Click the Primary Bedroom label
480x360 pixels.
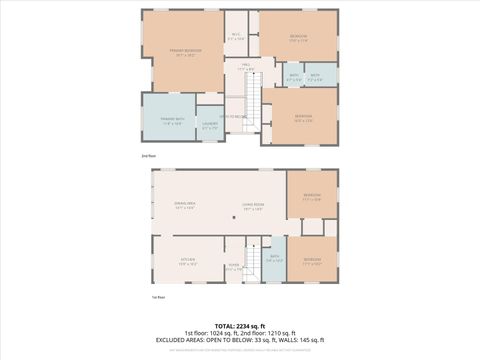[x=186, y=51]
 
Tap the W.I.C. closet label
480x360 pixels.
[x=236, y=37]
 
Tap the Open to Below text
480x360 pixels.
[x=236, y=117]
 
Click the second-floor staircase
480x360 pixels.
[x=252, y=100]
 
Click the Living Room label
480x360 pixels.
[x=251, y=207]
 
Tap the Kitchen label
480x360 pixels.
[x=187, y=263]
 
